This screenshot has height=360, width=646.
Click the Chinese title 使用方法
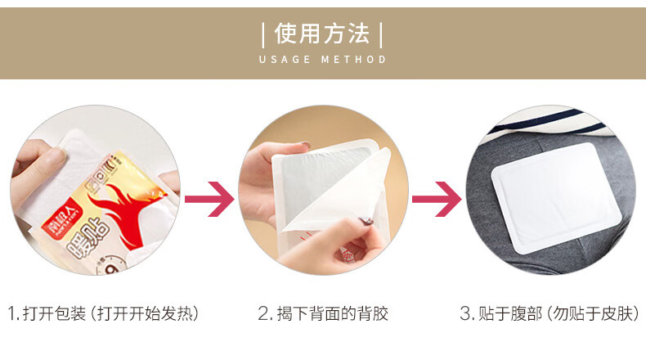(x=322, y=34)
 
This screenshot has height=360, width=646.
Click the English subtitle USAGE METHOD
(x=322, y=60)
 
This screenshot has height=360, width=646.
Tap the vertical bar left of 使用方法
(x=263, y=35)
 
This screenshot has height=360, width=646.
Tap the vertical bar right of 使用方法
(x=381, y=35)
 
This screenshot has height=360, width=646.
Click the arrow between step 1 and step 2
(x=209, y=199)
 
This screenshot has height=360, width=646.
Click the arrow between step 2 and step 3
(x=437, y=199)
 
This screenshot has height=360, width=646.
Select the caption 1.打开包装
(x=47, y=313)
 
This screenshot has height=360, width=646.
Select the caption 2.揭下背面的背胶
(x=323, y=313)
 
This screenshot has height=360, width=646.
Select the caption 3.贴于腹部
(x=500, y=313)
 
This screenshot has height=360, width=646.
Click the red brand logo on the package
(x=62, y=218)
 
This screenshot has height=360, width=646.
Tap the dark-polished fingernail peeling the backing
(x=366, y=222)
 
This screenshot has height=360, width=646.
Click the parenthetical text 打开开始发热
(x=144, y=313)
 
